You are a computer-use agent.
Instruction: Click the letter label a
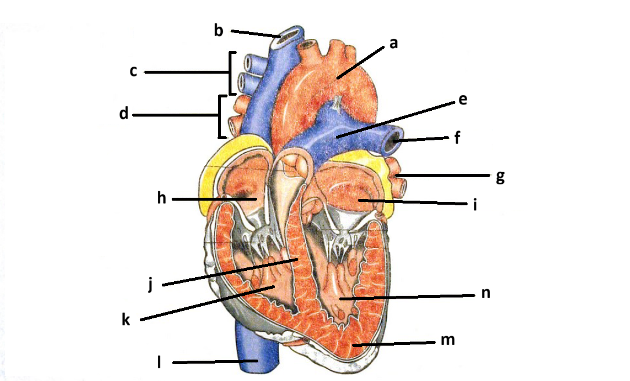coord(393,43)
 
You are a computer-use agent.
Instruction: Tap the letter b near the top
coord(219,30)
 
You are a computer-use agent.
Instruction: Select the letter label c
coord(133,72)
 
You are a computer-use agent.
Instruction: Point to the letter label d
coord(124,114)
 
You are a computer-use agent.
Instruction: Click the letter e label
coord(462,99)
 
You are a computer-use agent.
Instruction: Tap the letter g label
coord(499,176)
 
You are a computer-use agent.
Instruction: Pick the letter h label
coord(162,199)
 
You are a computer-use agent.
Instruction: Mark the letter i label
coord(475,205)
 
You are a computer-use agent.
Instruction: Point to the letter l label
coord(159,363)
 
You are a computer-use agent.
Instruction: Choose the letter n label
coord(486,293)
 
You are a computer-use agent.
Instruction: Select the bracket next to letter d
coord(221,117)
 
